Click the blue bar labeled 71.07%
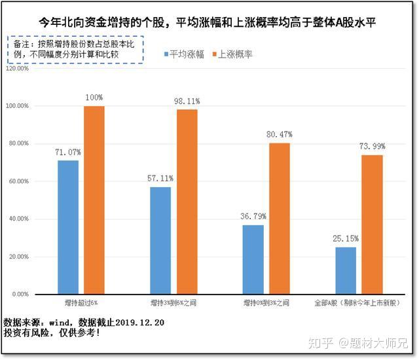pyautogui.click(x=68, y=227)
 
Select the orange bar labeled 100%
pyautogui.click(x=94, y=200)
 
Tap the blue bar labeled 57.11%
pyautogui.click(x=160, y=240)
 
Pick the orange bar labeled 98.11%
pyautogui.click(x=187, y=202)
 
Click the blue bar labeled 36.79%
pyautogui.click(x=253, y=259)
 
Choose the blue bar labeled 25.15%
pyautogui.click(x=346, y=270)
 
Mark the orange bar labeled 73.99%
pyautogui.click(x=372, y=225)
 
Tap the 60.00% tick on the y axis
pyautogui.click(x=19, y=181)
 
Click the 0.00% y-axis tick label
pyautogui.click(x=20, y=295)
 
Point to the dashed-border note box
pyautogui.click(x=77, y=50)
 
